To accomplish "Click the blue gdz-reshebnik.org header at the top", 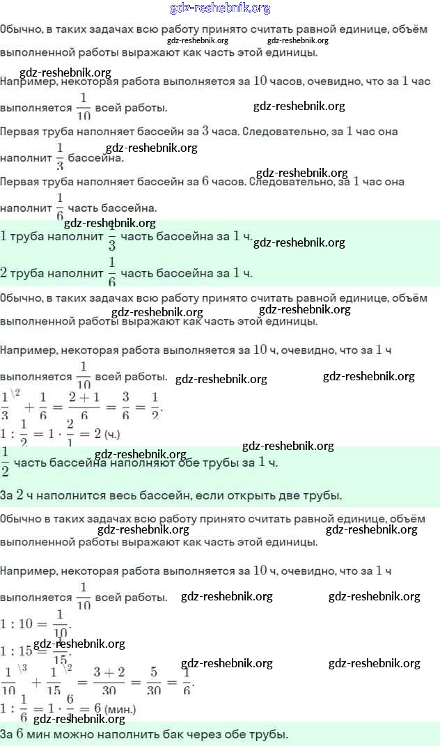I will (220, 8).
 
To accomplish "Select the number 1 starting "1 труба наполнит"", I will (4, 235).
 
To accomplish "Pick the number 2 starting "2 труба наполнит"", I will (4, 272).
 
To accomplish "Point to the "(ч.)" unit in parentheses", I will (112, 434).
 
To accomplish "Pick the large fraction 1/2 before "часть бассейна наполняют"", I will (5, 461).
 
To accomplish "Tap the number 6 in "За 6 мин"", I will (21, 733).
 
